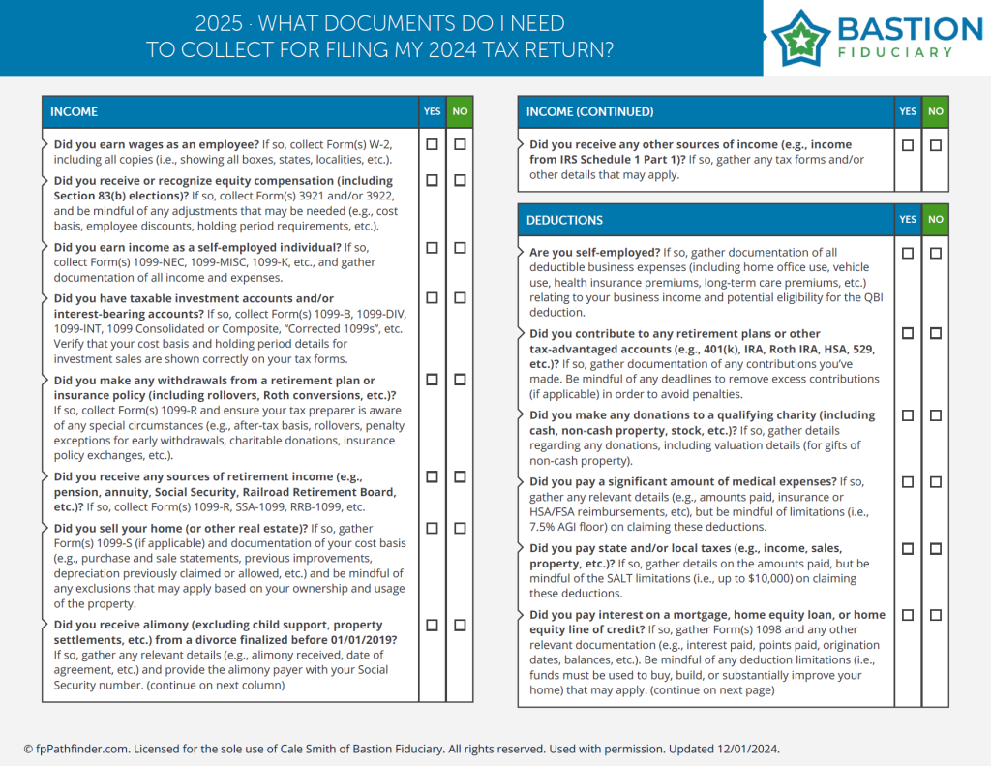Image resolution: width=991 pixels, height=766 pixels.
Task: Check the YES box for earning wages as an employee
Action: click(432, 144)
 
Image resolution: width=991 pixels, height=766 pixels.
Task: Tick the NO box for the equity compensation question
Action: click(460, 180)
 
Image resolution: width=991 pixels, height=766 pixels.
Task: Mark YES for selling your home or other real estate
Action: click(432, 528)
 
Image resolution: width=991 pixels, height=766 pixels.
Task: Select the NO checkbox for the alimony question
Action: click(460, 625)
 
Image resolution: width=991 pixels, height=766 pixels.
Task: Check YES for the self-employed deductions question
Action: click(908, 253)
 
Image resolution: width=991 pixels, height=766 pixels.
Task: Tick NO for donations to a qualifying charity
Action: click(936, 415)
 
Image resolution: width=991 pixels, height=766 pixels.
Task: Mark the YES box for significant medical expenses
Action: click(908, 482)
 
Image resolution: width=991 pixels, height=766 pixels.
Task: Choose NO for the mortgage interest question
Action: click(936, 615)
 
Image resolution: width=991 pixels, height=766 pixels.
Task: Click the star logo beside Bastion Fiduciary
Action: click(800, 38)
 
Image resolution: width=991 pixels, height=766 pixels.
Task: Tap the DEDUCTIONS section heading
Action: click(564, 220)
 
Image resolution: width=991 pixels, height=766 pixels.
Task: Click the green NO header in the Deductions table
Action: click(936, 220)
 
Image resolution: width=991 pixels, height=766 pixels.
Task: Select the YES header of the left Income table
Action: click(432, 112)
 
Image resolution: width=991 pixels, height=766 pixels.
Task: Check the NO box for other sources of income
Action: click(936, 145)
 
